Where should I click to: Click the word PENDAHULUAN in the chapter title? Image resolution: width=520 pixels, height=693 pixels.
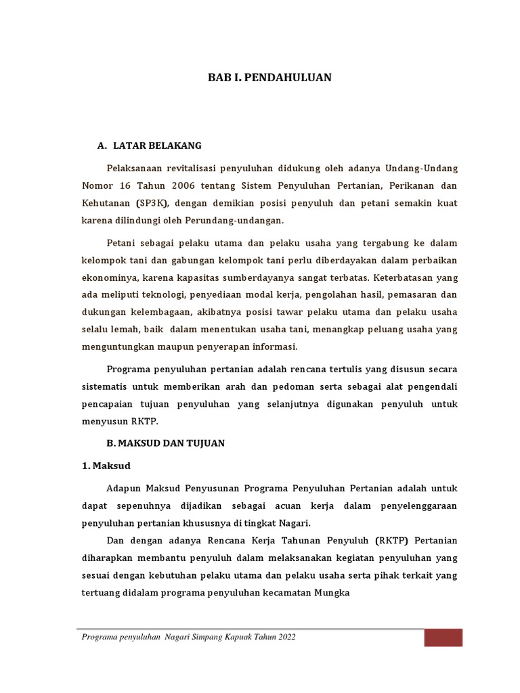tap(292, 78)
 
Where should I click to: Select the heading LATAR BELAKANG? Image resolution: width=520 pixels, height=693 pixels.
tap(157, 146)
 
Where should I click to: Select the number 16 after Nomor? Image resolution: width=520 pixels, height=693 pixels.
tap(131, 185)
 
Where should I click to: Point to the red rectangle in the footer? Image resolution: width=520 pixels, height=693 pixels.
tap(443, 638)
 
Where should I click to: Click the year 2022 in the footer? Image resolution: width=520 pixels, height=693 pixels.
tap(284, 638)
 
